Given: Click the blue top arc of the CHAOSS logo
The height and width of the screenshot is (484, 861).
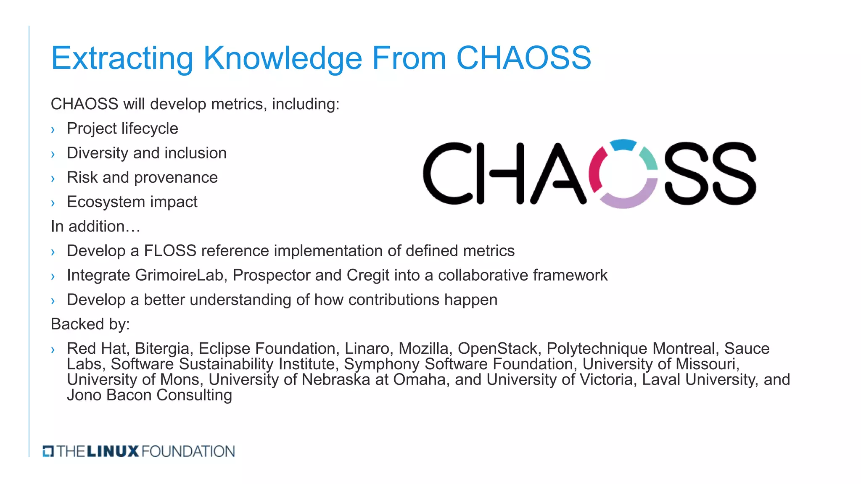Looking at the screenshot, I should [623, 145].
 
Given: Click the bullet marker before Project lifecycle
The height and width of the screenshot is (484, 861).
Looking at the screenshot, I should [53, 130].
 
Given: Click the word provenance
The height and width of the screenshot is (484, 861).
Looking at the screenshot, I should [175, 178].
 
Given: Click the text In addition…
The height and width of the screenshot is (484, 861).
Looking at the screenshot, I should [95, 226].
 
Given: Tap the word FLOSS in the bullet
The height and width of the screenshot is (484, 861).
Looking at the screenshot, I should [170, 251].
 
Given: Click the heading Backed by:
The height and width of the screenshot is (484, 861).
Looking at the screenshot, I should [90, 324].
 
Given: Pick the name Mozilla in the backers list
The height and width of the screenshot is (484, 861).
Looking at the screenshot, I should [424, 348].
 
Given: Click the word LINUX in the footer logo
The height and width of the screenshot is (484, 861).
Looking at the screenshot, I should [113, 451].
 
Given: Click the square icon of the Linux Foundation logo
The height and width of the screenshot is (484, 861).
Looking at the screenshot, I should [48, 451].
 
